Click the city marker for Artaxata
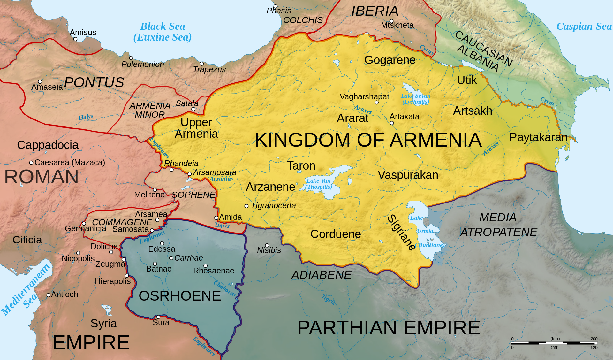click(392, 123)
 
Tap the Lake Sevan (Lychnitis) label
click(415, 99)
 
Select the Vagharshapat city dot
click(376, 103)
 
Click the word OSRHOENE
click(180, 296)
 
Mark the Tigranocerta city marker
click(246, 206)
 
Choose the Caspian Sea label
click(584, 26)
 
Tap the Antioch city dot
click(49, 295)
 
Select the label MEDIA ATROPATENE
click(498, 225)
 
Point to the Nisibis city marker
click(267, 245)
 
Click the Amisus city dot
click(75, 39)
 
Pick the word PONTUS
click(94, 82)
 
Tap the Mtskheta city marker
click(391, 21)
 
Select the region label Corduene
click(336, 234)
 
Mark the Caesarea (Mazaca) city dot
click(31, 163)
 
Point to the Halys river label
click(86, 117)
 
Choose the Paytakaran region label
click(538, 137)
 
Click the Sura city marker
click(158, 317)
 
